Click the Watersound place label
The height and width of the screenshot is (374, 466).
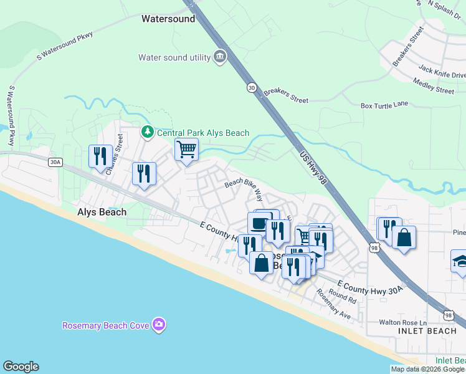click(x=168, y=19)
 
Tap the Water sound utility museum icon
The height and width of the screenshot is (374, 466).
click(x=219, y=57)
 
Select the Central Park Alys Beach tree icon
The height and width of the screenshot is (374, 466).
click(x=147, y=132)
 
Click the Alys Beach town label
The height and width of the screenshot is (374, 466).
click(x=102, y=212)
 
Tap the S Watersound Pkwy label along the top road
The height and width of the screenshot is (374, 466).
click(x=65, y=46)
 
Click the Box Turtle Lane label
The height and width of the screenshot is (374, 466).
click(x=384, y=105)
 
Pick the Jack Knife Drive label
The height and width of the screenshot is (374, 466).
click(x=442, y=72)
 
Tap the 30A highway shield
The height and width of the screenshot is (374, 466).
click(x=55, y=162)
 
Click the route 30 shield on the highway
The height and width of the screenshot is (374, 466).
click(x=251, y=88)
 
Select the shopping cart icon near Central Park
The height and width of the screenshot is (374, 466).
click(x=186, y=150)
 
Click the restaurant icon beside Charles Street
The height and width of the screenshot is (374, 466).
click(x=100, y=156)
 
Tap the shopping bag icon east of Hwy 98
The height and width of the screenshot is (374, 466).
click(x=404, y=237)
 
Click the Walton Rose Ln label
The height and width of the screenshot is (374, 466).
click(x=403, y=323)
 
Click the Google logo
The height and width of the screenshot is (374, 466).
click(x=21, y=367)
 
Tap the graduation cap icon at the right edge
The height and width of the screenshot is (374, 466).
click(x=460, y=261)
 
